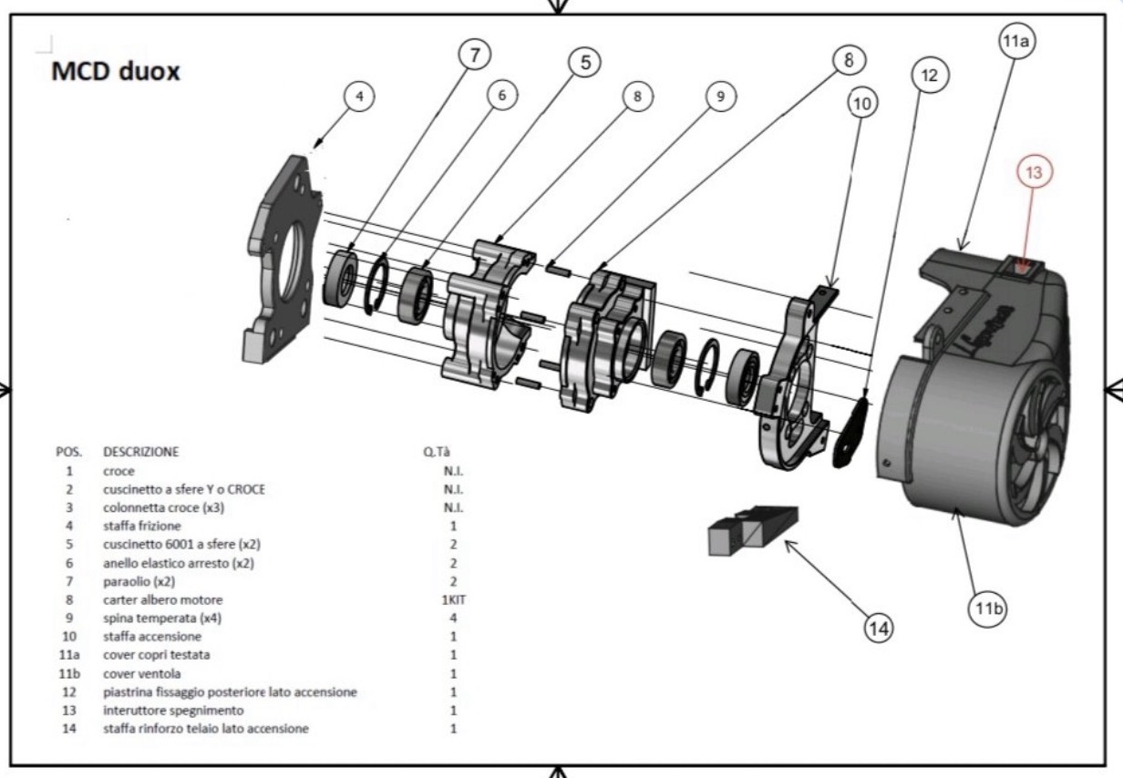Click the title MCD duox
point(116,71)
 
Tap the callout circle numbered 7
point(474,55)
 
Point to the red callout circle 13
point(1035,171)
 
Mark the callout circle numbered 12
point(929,76)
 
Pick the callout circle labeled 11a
point(1016,43)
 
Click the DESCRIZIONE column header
point(141,451)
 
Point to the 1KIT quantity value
point(453,599)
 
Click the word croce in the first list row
point(118,470)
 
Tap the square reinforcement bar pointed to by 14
point(752,531)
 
